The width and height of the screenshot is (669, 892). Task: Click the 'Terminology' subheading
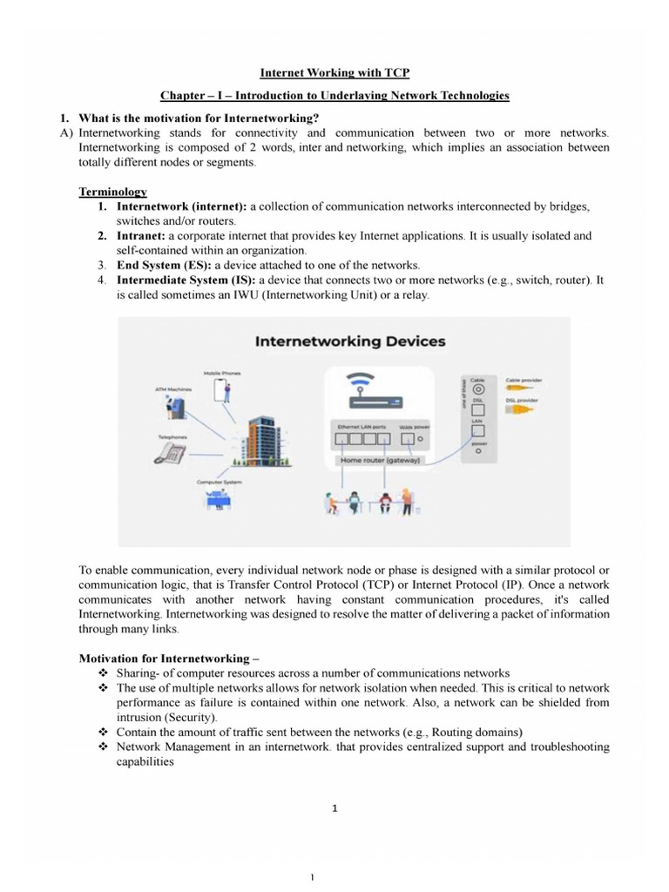pos(112,192)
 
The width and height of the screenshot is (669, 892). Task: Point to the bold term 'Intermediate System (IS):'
pos(186,280)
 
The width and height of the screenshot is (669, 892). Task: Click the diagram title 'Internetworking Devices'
pos(350,341)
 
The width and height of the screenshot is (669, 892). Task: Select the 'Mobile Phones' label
pos(222,373)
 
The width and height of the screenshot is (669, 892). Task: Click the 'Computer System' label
pos(220,482)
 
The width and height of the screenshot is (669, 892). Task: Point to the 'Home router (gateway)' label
pos(380,459)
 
